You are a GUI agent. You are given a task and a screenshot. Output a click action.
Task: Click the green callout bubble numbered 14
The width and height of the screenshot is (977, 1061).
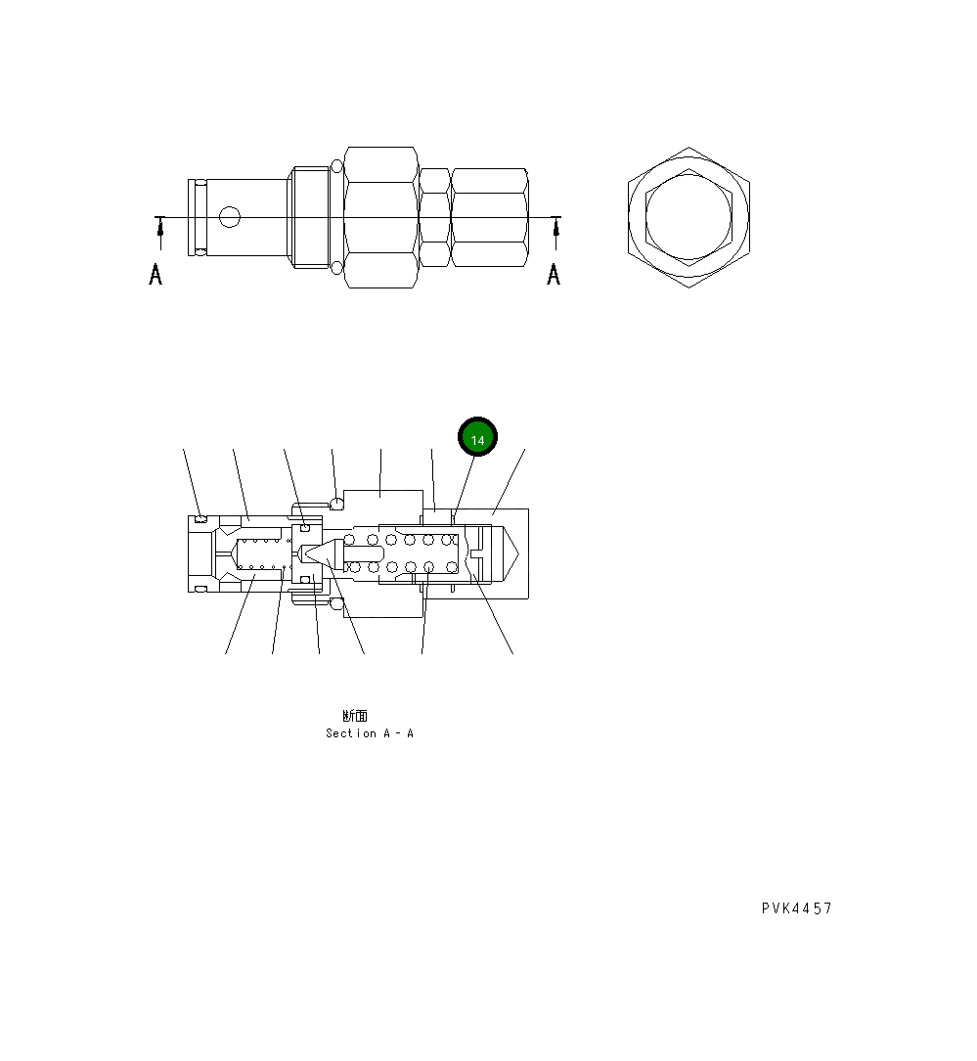[478, 439]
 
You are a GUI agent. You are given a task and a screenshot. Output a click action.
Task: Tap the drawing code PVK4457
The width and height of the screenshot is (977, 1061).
[797, 908]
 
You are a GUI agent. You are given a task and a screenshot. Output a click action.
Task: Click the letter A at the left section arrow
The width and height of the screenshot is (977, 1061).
[155, 275]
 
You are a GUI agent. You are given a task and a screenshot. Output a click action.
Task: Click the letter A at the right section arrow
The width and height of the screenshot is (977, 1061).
[554, 275]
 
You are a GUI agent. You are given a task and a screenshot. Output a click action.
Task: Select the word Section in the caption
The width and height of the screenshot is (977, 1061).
[350, 733]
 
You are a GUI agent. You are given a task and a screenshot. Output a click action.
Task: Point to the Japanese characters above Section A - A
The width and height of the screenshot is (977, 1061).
[355, 716]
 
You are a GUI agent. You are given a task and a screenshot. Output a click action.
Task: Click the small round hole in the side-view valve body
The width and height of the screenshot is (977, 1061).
[229, 216]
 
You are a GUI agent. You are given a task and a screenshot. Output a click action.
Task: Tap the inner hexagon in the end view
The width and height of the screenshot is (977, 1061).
[688, 217]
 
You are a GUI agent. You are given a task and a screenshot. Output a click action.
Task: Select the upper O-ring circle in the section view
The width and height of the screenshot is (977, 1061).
[337, 504]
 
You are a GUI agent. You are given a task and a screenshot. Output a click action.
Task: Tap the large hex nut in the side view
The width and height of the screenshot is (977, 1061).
[381, 217]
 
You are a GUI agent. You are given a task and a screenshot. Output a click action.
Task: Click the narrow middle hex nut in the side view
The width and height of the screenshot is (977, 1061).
[434, 217]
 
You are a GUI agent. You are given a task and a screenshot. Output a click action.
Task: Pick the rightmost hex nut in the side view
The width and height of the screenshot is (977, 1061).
[490, 217]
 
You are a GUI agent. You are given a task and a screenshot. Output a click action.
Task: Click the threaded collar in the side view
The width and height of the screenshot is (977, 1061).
[311, 217]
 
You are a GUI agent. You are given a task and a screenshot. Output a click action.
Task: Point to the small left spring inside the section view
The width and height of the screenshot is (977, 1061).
[260, 553]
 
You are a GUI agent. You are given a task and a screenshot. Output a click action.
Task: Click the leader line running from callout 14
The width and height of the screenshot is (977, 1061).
[463, 485]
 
